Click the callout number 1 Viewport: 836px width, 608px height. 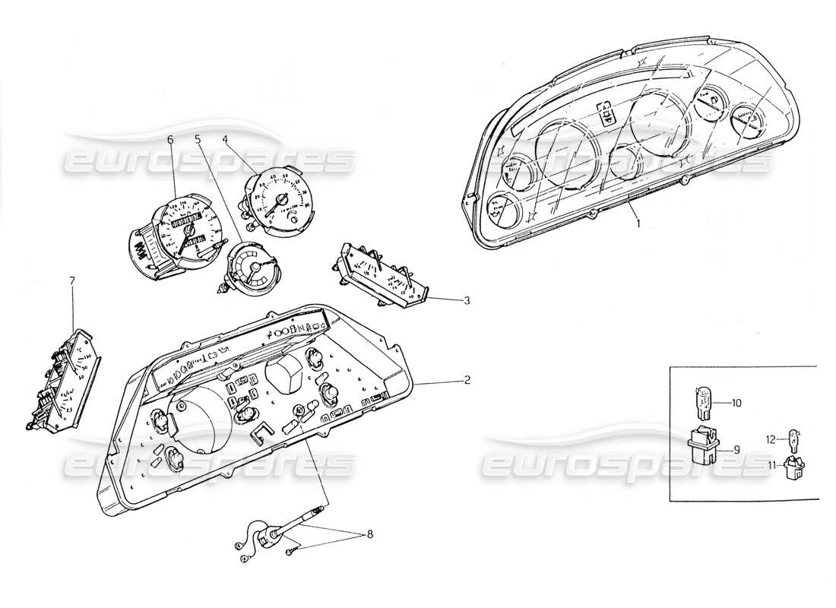638,223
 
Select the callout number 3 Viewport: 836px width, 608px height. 466,300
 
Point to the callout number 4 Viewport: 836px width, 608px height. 226,139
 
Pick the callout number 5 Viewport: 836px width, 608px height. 198,139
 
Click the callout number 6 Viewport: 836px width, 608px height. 170,139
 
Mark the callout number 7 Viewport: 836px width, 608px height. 72,281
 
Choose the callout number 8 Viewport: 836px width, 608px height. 370,534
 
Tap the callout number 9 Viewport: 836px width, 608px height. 736,449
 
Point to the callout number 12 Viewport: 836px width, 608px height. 770,439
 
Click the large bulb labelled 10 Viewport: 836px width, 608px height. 702,401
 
